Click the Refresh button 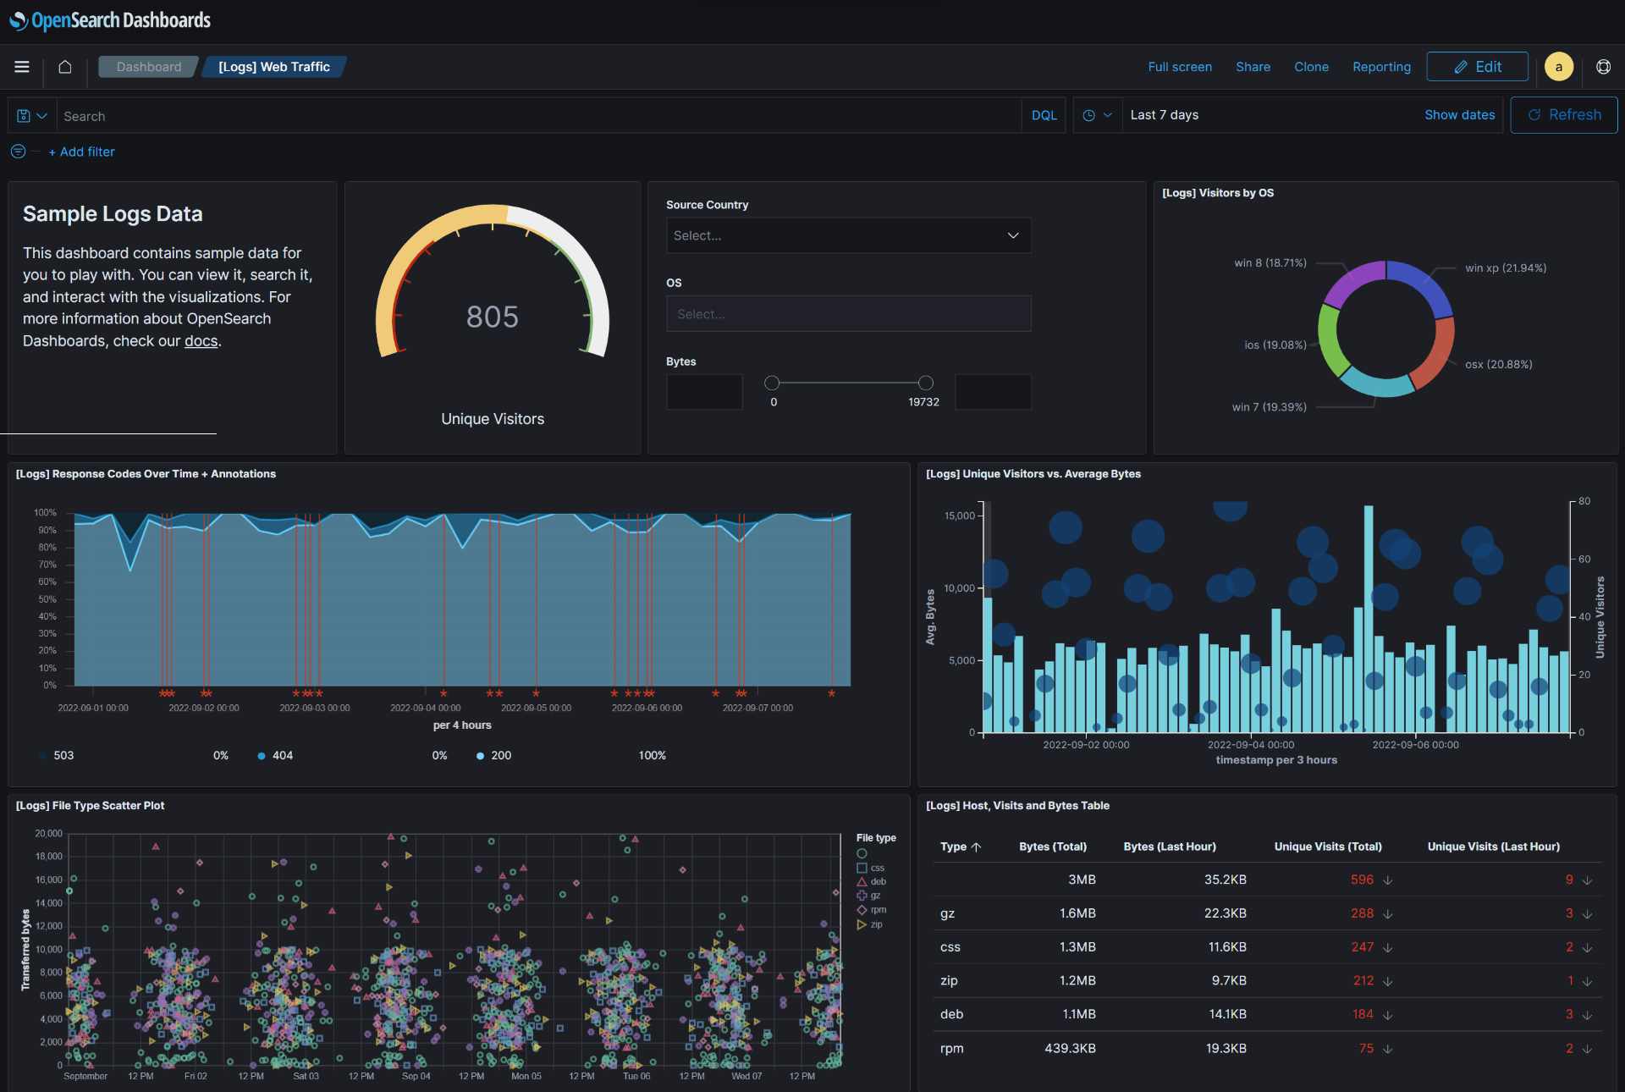tap(1564, 115)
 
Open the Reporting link tap(1381, 67)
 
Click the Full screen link tap(1179, 67)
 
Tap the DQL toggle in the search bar tap(1044, 115)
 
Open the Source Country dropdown tap(848, 235)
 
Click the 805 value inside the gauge tap(492, 317)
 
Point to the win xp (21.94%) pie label tap(1505, 267)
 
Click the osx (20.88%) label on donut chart tap(1498, 364)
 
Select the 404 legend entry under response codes tap(282, 755)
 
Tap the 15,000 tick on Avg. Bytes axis tap(960, 516)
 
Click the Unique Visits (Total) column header tap(1327, 847)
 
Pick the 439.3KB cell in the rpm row tap(1070, 1048)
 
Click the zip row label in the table tap(949, 980)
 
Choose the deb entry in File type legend tap(878, 881)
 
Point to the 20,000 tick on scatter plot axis tap(48, 833)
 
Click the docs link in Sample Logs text tap(201, 341)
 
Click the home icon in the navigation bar tap(64, 67)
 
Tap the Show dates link tap(1459, 115)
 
